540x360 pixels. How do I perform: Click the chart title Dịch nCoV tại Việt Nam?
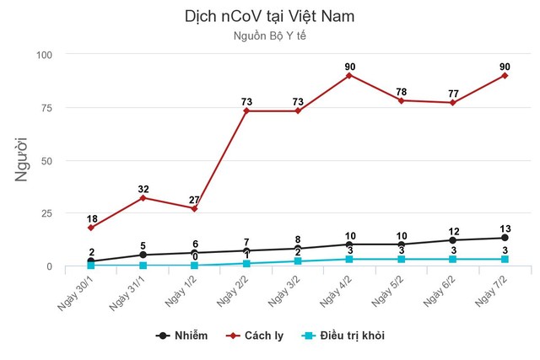tap(269, 16)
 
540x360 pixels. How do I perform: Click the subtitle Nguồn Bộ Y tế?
tap(269, 35)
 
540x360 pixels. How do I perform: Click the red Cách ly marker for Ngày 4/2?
tap(349, 75)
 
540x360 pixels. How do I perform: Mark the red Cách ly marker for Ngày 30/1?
tap(91, 228)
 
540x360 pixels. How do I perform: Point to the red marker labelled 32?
tap(143, 198)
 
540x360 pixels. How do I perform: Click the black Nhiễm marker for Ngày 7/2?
tap(505, 238)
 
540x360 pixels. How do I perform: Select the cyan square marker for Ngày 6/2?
tap(453, 260)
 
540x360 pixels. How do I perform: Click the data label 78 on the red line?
tap(401, 91)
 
